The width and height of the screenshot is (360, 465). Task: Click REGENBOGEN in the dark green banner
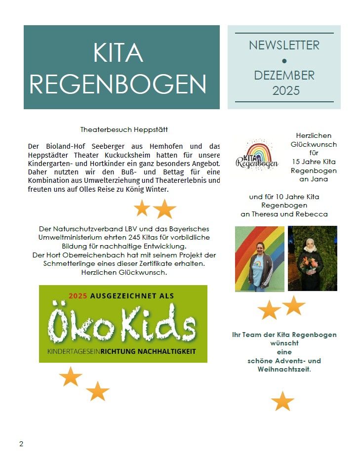coord(118,85)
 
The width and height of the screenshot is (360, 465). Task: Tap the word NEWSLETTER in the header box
coord(284,45)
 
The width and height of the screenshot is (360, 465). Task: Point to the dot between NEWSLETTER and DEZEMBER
coord(284,61)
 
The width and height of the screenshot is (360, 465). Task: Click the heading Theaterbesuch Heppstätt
coord(124,130)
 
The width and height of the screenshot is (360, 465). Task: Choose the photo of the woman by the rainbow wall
coord(259,258)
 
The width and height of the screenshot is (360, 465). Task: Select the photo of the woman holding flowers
coord(312,258)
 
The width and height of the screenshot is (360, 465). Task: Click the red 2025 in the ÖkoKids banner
coord(78,296)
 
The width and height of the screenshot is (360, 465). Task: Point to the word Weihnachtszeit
coord(286,369)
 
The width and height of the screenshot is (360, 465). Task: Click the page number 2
coord(21,444)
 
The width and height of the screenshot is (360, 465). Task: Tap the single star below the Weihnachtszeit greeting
coord(282,401)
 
